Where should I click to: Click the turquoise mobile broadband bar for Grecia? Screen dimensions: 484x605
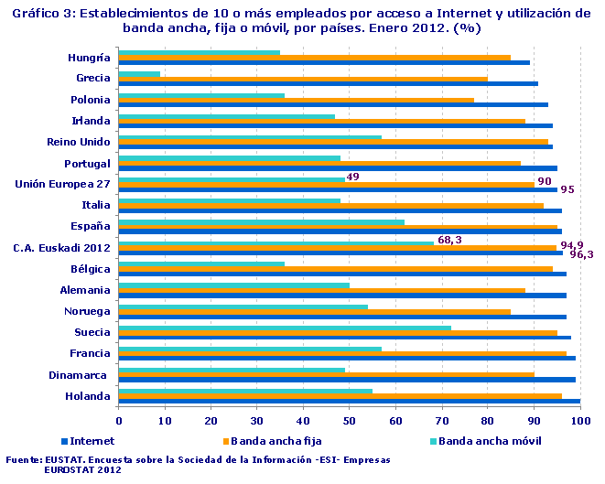pos(139,74)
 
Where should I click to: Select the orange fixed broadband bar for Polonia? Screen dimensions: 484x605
pos(296,100)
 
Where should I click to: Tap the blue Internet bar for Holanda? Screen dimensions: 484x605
pos(349,402)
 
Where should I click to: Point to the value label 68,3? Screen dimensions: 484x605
pos(449,240)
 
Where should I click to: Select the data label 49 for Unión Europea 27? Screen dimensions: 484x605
pos(352,176)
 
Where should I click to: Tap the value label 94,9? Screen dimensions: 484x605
pos(571,245)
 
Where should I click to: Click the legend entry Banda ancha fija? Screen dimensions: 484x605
pos(271,441)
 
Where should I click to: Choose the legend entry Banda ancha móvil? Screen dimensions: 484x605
pos(490,441)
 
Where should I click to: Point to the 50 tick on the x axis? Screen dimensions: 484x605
pos(349,420)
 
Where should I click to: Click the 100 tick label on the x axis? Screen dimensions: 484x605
pos(579,420)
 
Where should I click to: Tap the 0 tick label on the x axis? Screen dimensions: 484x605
pos(119,420)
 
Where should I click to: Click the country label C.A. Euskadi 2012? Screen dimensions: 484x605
pos(61,248)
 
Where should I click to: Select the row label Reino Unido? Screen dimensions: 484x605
pos(79,142)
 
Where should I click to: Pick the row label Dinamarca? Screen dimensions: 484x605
pos(80,375)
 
